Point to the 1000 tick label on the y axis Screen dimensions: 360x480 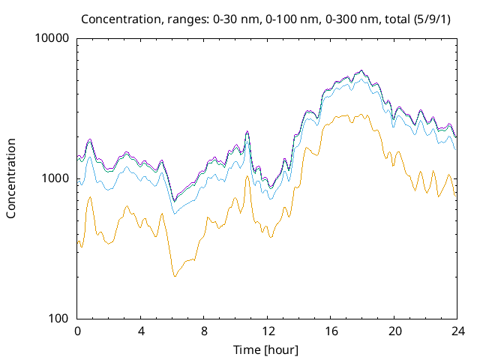(x=57, y=178)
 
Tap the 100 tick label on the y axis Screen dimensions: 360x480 (x=60, y=319)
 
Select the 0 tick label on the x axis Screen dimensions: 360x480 (x=77, y=331)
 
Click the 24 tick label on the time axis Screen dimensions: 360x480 (x=457, y=331)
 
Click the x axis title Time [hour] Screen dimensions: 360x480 (x=267, y=349)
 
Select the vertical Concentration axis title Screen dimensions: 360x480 (x=11, y=178)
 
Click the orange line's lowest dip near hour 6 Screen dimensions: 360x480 (x=175, y=276)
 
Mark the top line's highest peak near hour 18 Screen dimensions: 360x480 (x=361, y=70)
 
